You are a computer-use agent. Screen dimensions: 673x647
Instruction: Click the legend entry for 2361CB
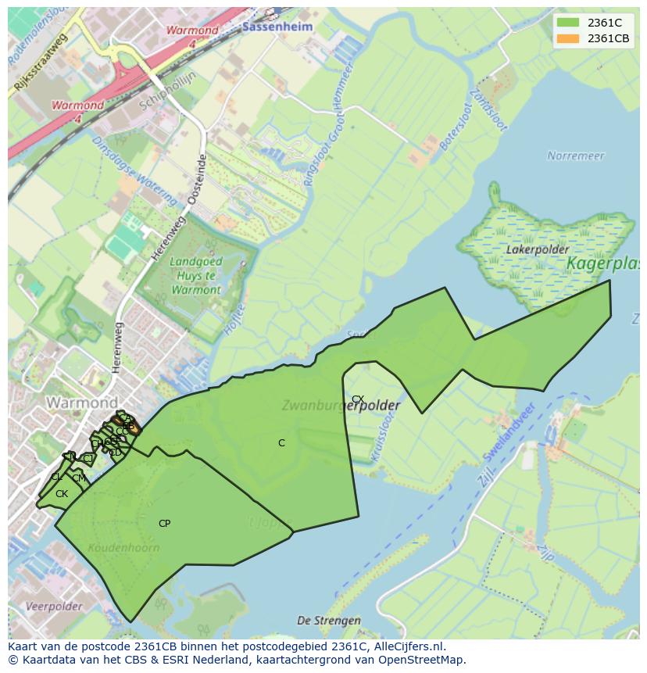point(609,38)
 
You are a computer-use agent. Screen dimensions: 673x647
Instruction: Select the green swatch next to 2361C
point(568,23)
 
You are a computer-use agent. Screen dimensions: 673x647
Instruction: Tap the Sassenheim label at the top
point(277,27)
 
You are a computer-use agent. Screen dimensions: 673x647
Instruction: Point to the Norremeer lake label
point(576,156)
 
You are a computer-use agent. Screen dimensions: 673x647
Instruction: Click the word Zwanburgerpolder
point(341,406)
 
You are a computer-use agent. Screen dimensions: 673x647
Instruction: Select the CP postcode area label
point(164,524)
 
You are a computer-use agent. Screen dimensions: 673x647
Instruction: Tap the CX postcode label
point(358,399)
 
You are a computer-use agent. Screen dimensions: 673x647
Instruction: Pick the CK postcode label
point(62,494)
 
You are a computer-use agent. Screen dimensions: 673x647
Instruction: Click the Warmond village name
point(81,403)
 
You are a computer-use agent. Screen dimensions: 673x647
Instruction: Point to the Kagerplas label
point(603,264)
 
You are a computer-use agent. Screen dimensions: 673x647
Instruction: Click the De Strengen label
point(329,621)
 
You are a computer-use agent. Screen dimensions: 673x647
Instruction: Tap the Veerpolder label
point(54,607)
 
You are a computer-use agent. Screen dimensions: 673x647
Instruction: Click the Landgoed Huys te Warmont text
point(195,276)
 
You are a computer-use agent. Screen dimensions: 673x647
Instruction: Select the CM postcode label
point(79,478)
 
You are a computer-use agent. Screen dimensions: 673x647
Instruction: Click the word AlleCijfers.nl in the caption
point(409,646)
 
